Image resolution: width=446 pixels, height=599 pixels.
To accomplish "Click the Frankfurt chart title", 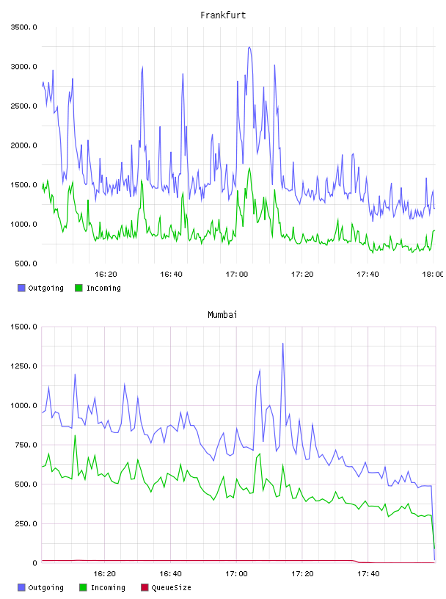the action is pyautogui.click(x=223, y=15).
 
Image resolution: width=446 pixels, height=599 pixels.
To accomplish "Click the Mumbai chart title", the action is pyautogui.click(x=222, y=315).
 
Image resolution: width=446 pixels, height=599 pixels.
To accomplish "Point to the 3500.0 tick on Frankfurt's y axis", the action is pyautogui.click(x=23, y=27).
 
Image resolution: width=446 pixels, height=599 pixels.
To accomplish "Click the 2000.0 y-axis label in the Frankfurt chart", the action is pyautogui.click(x=23, y=145).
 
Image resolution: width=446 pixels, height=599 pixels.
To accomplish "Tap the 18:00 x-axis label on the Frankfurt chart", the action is pyautogui.click(x=433, y=274).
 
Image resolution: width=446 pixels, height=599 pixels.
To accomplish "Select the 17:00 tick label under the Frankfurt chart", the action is pyautogui.click(x=237, y=274).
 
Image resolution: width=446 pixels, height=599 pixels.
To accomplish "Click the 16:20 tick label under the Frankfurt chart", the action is pyautogui.click(x=106, y=274).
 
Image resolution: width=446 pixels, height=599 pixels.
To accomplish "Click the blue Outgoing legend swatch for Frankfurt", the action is pyautogui.click(x=21, y=288).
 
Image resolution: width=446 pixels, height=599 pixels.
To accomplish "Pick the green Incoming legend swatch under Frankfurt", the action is pyautogui.click(x=78, y=288).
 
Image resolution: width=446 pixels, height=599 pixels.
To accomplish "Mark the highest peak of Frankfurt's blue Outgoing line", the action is pyautogui.click(x=249, y=48).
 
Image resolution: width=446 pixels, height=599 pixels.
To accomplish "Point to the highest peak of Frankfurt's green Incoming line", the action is pyautogui.click(x=249, y=168).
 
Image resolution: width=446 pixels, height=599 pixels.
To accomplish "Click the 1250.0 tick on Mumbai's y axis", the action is pyautogui.click(x=23, y=366).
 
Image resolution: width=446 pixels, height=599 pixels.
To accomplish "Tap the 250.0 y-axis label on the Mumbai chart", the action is pyautogui.click(x=26, y=523).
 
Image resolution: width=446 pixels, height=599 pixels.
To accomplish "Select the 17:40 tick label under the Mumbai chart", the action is pyautogui.click(x=368, y=573).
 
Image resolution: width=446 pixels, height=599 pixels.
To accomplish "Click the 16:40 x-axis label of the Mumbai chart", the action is pyautogui.click(x=171, y=573).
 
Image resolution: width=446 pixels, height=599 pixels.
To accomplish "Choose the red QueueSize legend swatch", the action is pyautogui.click(x=145, y=587).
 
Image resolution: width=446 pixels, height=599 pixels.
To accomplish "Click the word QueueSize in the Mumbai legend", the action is pyautogui.click(x=171, y=587).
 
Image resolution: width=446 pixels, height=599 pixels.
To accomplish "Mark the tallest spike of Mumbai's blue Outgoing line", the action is pyautogui.click(x=283, y=344).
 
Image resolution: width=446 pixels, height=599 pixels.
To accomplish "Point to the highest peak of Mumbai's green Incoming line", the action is pyautogui.click(x=75, y=435).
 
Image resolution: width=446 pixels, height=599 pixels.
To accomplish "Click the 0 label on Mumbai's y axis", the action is pyautogui.click(x=34, y=563).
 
